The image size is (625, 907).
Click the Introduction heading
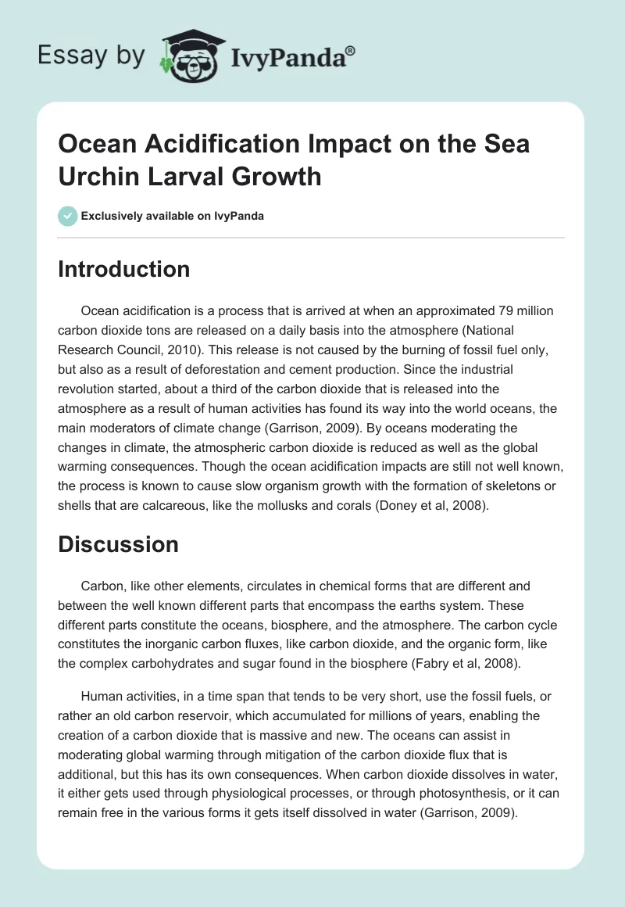pyautogui.click(x=123, y=269)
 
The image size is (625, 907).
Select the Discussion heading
pyautogui.click(x=118, y=544)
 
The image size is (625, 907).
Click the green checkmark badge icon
pyautogui.click(x=68, y=216)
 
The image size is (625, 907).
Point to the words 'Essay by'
pyautogui.click(x=90, y=56)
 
